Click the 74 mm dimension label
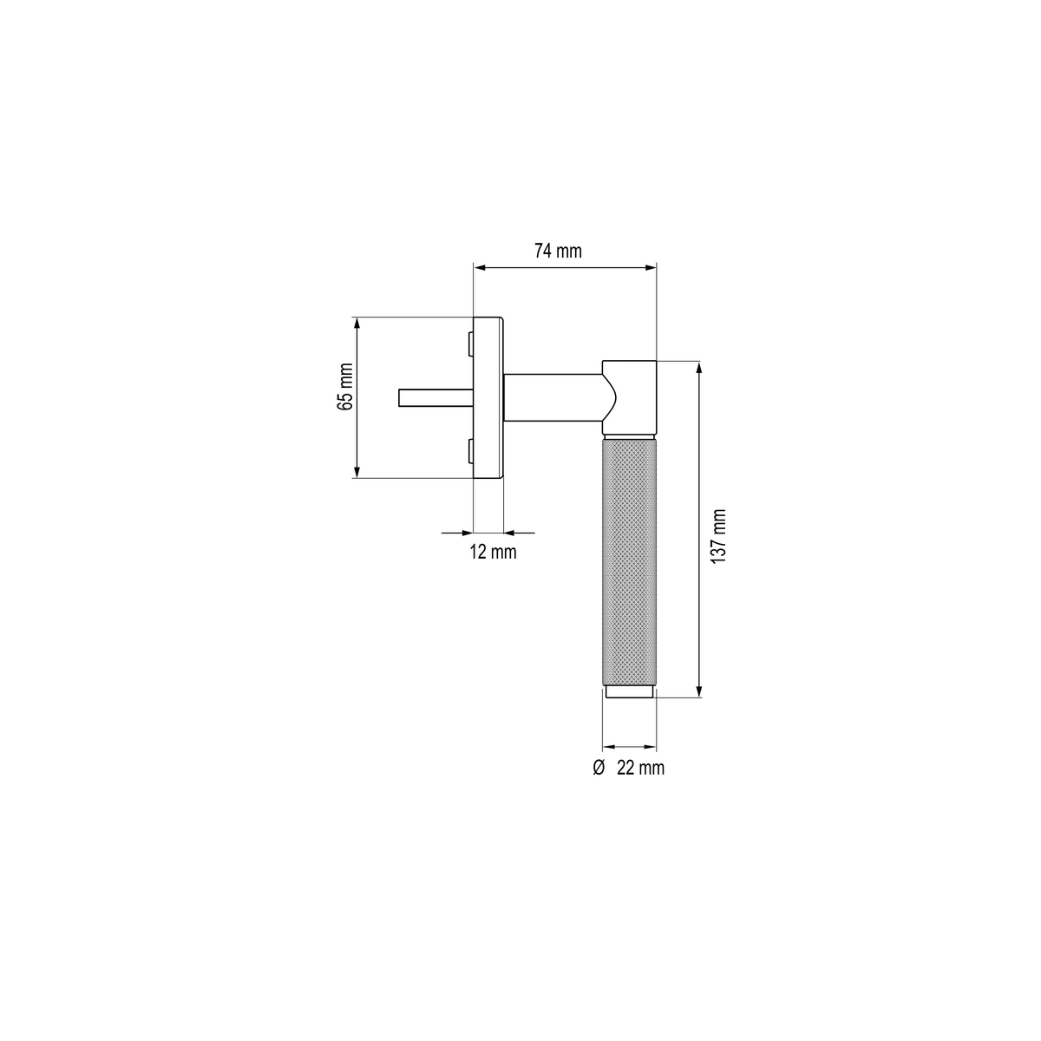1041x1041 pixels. (558, 252)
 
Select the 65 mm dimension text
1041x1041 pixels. (345, 387)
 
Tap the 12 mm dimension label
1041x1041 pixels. (493, 552)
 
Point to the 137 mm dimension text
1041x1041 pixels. (718, 536)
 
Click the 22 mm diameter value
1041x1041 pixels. (641, 768)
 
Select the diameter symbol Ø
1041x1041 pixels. (599, 768)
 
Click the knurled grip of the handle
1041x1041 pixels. (629, 562)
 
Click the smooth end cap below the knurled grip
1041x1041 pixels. (630, 691)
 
